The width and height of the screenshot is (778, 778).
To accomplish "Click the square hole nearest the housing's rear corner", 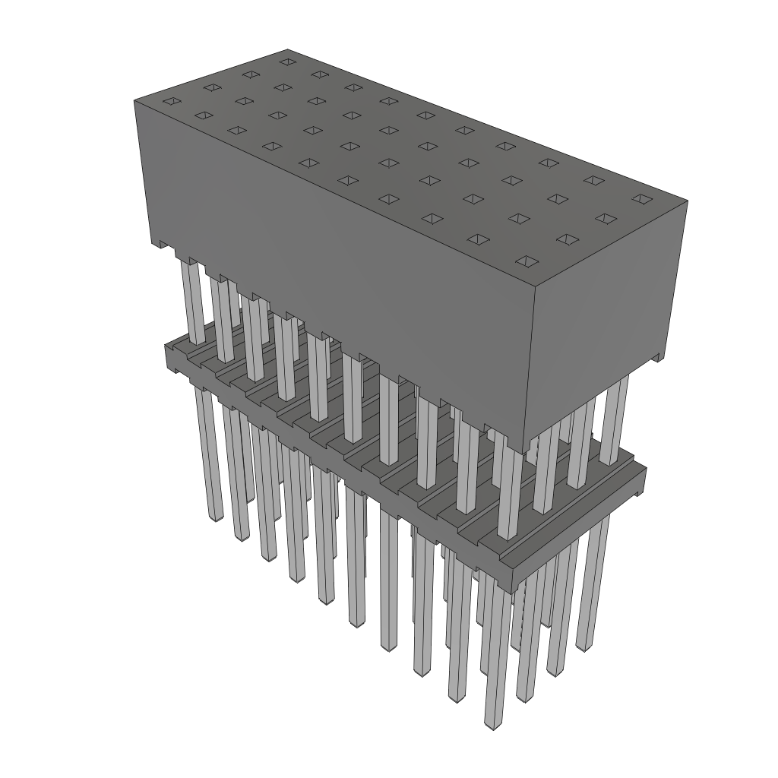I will (x=287, y=62).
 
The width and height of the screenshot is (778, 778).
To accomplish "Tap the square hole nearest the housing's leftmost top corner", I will (x=172, y=101).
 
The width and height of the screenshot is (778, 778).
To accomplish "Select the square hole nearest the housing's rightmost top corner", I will (x=641, y=199).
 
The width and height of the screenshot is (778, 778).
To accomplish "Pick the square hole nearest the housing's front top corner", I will (x=525, y=262).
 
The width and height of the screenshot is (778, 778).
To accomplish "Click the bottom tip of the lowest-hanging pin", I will (x=494, y=726).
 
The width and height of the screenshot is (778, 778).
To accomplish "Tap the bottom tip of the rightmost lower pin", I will (x=584, y=647).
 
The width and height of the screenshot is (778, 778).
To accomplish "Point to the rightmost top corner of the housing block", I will (x=688, y=201).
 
